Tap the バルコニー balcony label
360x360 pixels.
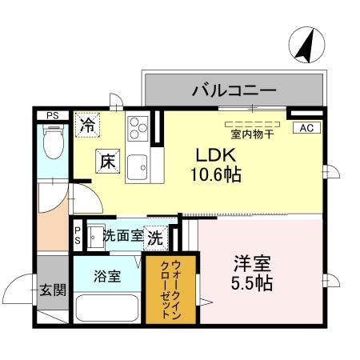(x=233, y=90)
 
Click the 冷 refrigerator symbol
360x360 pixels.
(x=87, y=125)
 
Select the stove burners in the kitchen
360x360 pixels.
(x=138, y=126)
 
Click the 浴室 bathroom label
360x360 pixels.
(x=107, y=276)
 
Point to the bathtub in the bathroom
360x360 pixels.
(x=107, y=308)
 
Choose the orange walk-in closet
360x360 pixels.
(x=170, y=289)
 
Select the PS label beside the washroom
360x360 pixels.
(x=78, y=235)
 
